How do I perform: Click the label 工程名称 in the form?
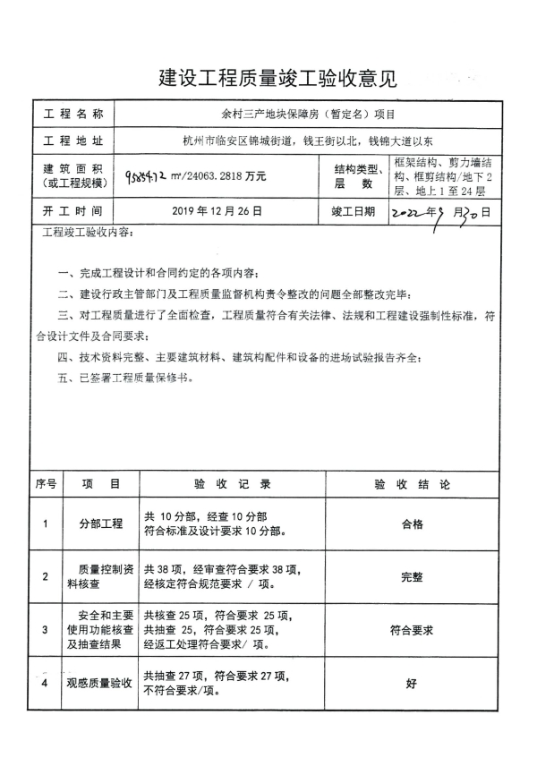point(73,115)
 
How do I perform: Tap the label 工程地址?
point(73,141)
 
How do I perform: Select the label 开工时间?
point(73,212)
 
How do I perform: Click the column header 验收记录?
point(232,483)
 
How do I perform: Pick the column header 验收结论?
point(411,483)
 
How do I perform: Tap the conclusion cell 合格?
point(411,524)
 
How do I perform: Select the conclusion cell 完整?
point(411,577)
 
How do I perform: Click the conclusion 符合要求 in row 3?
point(411,630)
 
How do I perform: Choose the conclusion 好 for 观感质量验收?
point(411,684)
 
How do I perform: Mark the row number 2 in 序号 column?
point(45,577)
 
